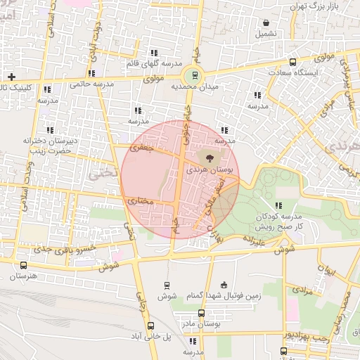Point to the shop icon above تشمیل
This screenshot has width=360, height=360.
coord(265,22)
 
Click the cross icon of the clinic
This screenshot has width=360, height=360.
coord(11,76)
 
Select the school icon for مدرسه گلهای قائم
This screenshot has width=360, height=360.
coord(153,53)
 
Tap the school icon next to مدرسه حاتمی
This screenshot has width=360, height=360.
coord(91,73)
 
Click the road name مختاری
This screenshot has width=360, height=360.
coord(140,201)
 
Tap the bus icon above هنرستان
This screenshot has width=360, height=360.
coord(25,266)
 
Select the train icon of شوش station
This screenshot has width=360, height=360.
coord(167,285)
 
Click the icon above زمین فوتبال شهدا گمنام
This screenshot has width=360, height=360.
coord(224,285)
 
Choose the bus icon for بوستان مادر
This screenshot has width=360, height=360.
coord(201,313)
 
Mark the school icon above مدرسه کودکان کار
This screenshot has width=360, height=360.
coord(278,205)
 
